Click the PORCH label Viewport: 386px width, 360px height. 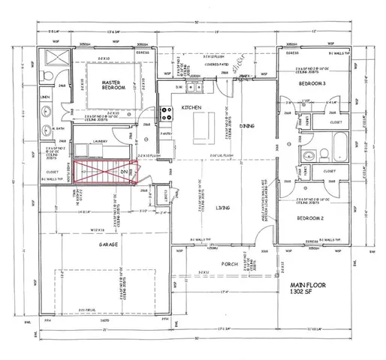(230, 264)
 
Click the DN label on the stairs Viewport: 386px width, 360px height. (125, 172)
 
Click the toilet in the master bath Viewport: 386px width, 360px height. (46, 77)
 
